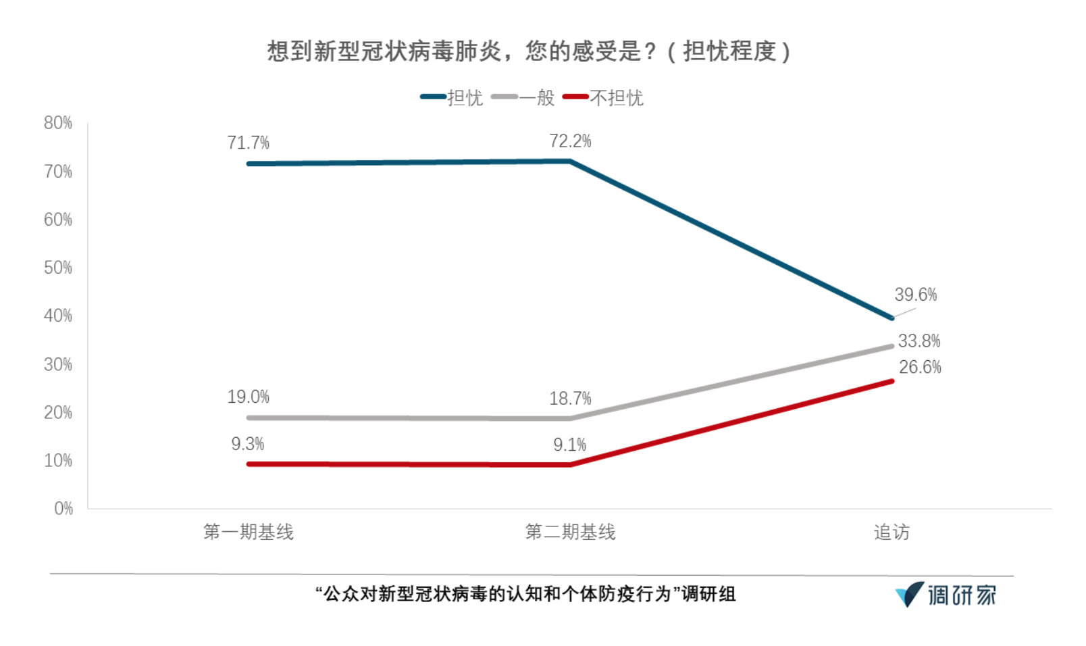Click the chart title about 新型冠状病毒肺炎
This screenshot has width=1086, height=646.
click(529, 51)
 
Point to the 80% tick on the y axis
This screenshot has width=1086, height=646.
click(58, 123)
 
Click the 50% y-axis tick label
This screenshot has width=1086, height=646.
click(58, 268)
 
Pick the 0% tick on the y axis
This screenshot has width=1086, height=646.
click(63, 508)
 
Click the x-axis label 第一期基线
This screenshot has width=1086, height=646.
click(249, 532)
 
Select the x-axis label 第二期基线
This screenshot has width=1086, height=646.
click(571, 532)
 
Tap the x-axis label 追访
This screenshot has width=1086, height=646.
click(891, 532)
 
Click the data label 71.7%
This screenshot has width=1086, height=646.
click(249, 143)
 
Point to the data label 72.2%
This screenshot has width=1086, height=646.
click(571, 141)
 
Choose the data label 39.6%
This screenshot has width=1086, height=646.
click(916, 295)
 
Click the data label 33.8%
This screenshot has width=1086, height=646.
click(919, 341)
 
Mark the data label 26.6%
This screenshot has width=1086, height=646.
click(920, 368)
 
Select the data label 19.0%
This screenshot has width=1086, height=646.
click(249, 397)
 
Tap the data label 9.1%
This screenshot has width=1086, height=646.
click(570, 445)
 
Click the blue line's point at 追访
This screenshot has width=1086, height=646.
click(892, 318)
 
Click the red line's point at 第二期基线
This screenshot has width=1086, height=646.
click(571, 464)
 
